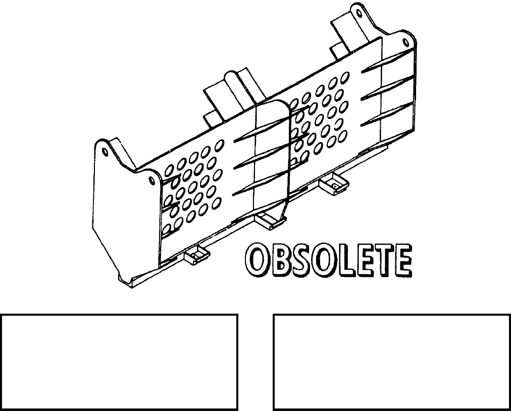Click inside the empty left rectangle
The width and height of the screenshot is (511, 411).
click(x=119, y=362)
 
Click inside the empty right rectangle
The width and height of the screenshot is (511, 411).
click(x=392, y=362)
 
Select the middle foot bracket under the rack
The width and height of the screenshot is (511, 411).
click(x=269, y=221)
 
